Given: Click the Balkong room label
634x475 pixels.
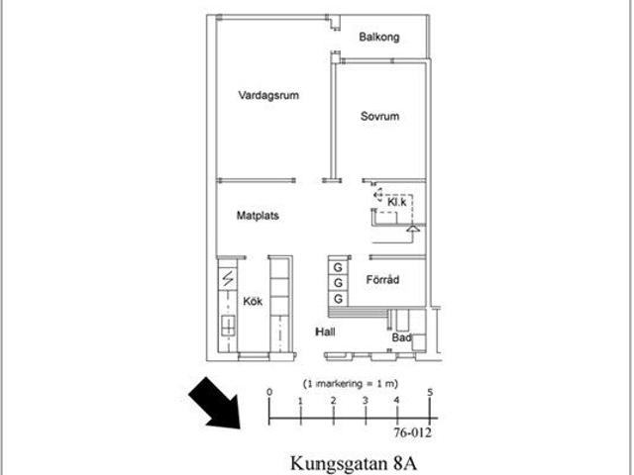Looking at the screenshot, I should pyautogui.click(x=380, y=38).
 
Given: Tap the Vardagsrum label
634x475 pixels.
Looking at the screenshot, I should pyautogui.click(x=268, y=96).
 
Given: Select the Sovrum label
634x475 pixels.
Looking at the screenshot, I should pyautogui.click(x=379, y=117).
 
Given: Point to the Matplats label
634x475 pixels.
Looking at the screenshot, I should pyautogui.click(x=257, y=215).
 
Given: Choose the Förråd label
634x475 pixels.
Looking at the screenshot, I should pyautogui.click(x=382, y=280).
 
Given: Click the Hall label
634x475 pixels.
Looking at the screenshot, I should pyautogui.click(x=327, y=332).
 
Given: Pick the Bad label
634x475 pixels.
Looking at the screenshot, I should pyautogui.click(x=401, y=337).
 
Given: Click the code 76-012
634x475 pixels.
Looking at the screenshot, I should pyautogui.click(x=412, y=431).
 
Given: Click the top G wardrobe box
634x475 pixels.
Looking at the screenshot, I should pyautogui.click(x=338, y=268).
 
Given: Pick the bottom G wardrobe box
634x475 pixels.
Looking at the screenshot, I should pyautogui.click(x=338, y=298).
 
